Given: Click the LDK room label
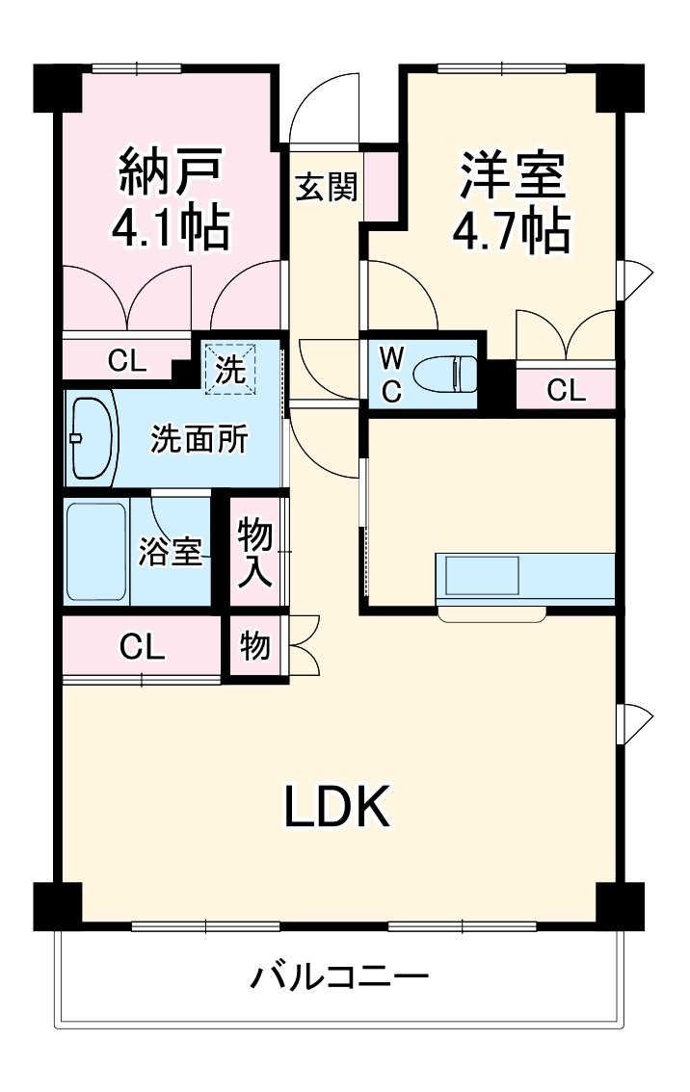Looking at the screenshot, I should pyautogui.click(x=336, y=807).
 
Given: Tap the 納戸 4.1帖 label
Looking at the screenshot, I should pyautogui.click(x=172, y=198).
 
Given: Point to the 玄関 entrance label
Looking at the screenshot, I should pyautogui.click(x=326, y=187).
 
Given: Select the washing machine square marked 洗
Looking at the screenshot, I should pyautogui.click(x=229, y=369).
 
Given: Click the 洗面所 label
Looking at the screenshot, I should pyautogui.click(x=199, y=439).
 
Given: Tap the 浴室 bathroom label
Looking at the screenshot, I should pyautogui.click(x=171, y=554).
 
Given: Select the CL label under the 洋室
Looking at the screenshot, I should pyautogui.click(x=566, y=390).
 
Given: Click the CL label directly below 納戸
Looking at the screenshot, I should pyautogui.click(x=126, y=361).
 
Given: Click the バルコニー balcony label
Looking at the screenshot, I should pyautogui.click(x=340, y=978).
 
